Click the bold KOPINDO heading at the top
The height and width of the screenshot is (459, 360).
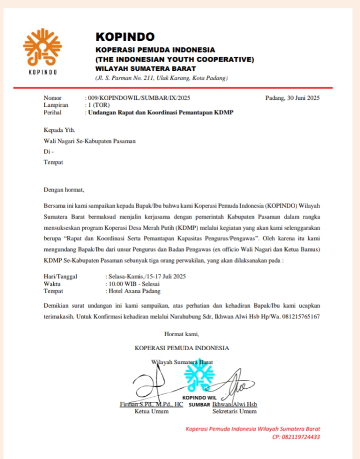(125, 37)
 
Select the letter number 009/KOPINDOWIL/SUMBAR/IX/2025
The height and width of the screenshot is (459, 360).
(138, 98)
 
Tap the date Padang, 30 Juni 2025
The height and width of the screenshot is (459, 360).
(292, 98)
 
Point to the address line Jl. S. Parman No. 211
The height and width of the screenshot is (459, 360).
(161, 78)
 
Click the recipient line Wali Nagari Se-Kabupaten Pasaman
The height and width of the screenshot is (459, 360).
(89, 142)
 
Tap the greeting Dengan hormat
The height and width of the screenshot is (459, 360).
(64, 189)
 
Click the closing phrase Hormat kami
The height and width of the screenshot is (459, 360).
(182, 334)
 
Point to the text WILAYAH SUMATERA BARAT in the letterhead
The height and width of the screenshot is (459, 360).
(146, 69)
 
